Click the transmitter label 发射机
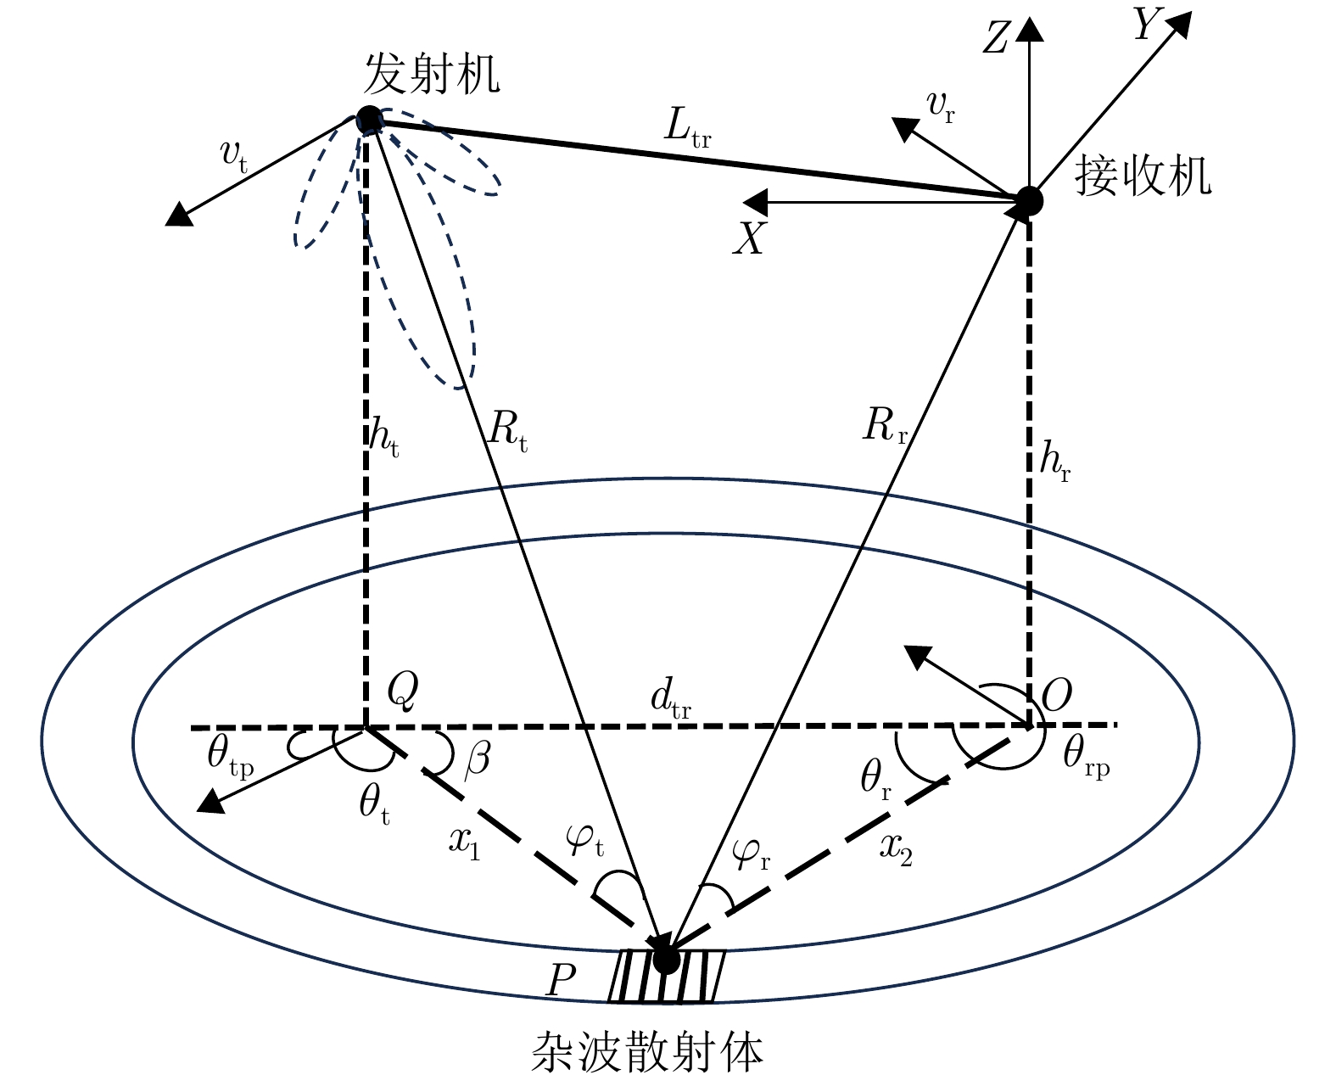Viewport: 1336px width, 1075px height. click(x=432, y=74)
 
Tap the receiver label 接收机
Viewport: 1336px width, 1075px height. click(x=1143, y=177)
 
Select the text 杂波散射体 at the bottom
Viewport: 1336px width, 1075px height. click(x=646, y=1051)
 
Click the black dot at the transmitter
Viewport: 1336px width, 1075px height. click(x=369, y=119)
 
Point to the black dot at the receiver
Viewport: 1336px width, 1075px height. click(x=1029, y=200)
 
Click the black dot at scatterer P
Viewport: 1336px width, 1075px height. click(x=666, y=959)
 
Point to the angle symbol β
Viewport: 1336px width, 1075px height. click(x=478, y=758)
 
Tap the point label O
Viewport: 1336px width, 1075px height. click(x=1057, y=697)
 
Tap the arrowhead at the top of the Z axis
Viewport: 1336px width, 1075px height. click(x=1029, y=30)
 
